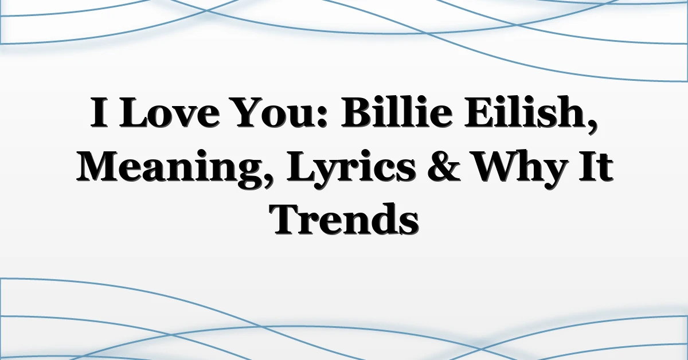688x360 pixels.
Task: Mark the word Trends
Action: click(x=345, y=220)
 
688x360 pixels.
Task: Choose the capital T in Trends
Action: click(x=287, y=219)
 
